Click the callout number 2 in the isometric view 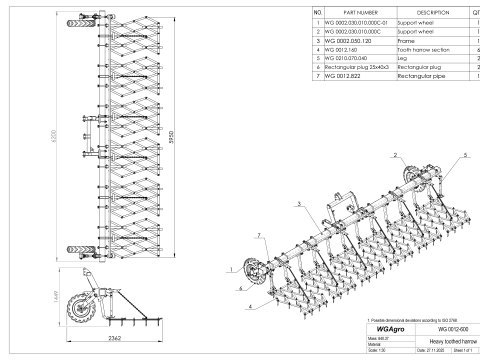click(395, 156)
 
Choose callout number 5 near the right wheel click(465, 156)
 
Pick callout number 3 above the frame click(297, 202)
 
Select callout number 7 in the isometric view click(258, 235)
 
